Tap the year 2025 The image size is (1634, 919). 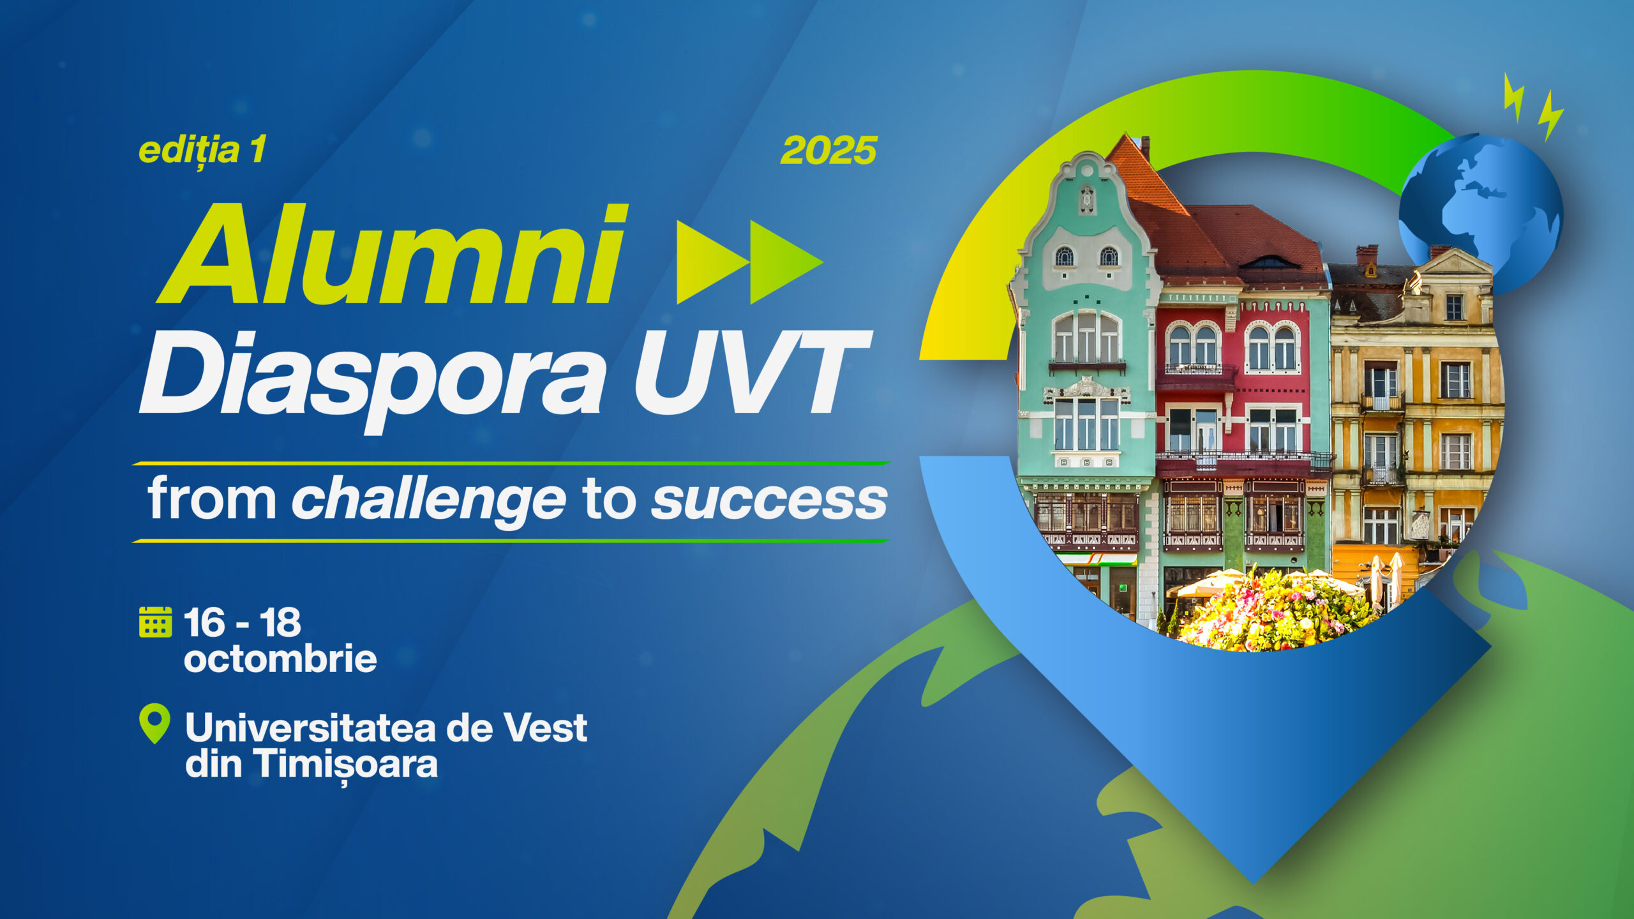pyautogui.click(x=828, y=151)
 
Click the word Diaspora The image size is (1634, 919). pyautogui.click(x=373, y=380)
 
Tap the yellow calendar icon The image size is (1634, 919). pyautogui.click(x=155, y=622)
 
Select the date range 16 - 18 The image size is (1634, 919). pyautogui.click(x=243, y=623)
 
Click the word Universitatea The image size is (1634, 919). pyautogui.click(x=310, y=728)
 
